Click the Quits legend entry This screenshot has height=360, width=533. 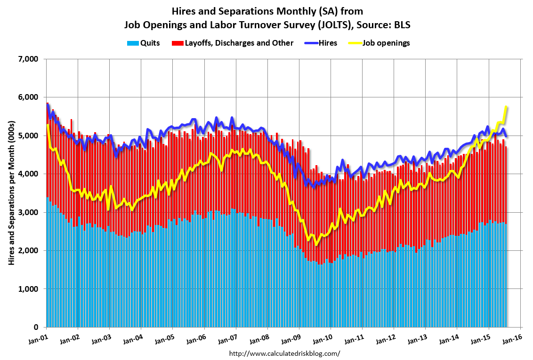pos(143,43)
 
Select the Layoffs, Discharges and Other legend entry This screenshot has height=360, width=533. pos(233,43)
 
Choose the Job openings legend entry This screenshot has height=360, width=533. pos(380,43)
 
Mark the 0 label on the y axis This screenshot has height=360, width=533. pos(36,328)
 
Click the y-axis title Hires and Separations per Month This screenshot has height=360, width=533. pos(12,193)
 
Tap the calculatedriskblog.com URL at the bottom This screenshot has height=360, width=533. pos(284,353)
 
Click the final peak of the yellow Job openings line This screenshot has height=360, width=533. pos(506,107)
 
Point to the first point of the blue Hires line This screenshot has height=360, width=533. pos(47,104)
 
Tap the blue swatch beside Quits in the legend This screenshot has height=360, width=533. pos(133,43)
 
